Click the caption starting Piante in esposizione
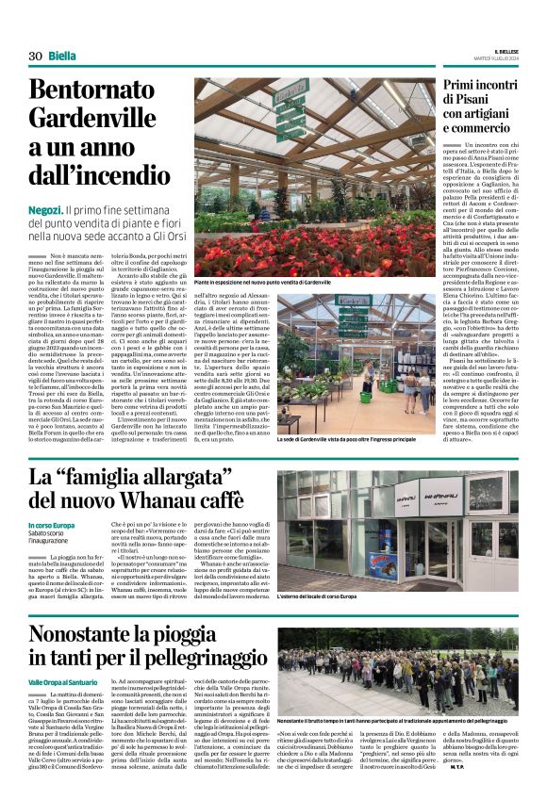tap(263, 282)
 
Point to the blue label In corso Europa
tap(51, 525)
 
